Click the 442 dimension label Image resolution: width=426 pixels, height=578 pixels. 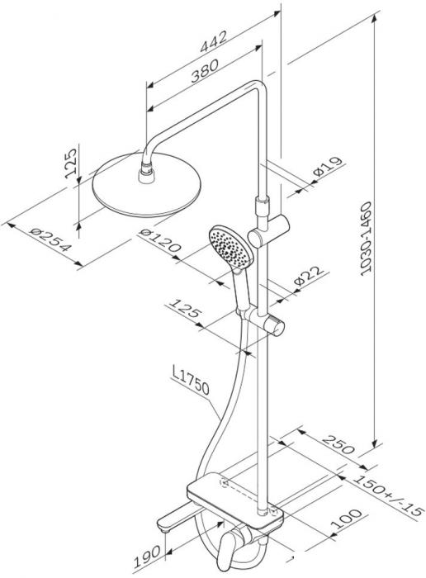pyautogui.click(x=213, y=41)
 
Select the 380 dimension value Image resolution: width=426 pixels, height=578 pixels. pyautogui.click(x=205, y=70)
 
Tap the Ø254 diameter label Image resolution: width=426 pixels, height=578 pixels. pyautogui.click(x=50, y=239)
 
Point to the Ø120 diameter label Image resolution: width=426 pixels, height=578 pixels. pyautogui.click(x=160, y=240)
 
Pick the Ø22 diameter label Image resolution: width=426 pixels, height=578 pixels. pyautogui.click(x=309, y=275)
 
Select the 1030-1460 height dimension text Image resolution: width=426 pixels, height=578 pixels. pyautogui.click(x=366, y=239)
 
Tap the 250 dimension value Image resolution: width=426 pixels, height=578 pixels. pyautogui.click(x=338, y=444)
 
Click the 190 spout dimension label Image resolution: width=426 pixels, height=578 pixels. pyautogui.click(x=147, y=557)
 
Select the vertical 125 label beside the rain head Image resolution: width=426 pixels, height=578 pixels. pyautogui.click(x=70, y=163)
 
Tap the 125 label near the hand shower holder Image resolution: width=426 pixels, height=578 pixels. pyautogui.click(x=185, y=309)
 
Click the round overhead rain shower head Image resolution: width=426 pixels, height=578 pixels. pyautogui.click(x=147, y=185)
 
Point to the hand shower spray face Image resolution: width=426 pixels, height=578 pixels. pyautogui.click(x=230, y=247)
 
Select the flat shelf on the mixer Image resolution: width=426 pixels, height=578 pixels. pyautogui.click(x=235, y=501)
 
